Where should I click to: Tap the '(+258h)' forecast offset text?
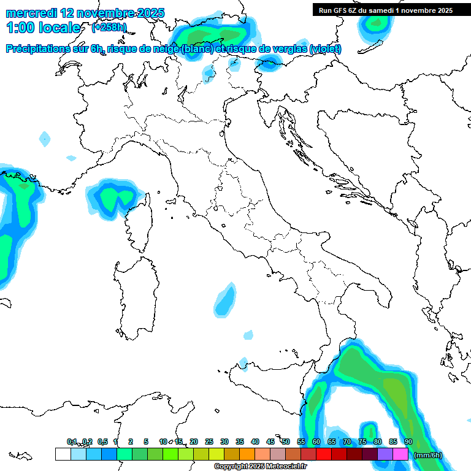109,27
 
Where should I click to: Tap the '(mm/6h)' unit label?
427,455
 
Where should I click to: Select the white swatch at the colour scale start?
63,454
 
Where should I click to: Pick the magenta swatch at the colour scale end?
400,454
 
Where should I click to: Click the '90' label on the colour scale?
408,442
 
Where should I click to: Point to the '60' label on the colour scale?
316,442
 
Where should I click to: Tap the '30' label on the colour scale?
224,442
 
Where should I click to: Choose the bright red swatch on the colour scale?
324,454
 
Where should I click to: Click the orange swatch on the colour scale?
247,454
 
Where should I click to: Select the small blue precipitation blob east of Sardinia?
226,299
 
